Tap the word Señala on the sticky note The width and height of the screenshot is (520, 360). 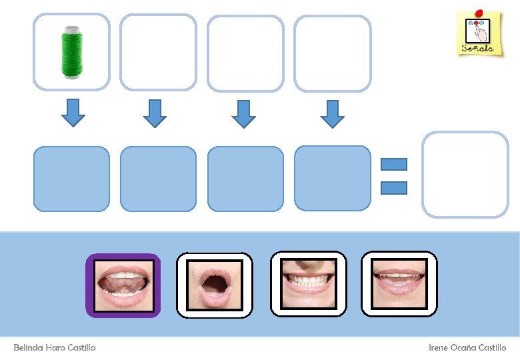click(478, 48)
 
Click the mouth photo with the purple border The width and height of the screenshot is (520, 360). click(123, 285)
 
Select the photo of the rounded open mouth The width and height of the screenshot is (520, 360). click(214, 285)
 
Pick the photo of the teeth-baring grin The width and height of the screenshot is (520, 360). click(308, 283)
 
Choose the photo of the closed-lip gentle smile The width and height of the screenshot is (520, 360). click(399, 283)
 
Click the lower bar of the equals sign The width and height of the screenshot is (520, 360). click(393, 188)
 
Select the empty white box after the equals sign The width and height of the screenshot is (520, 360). click(465, 174)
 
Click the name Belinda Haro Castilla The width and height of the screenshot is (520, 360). click(55, 348)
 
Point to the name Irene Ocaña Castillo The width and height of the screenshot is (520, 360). click(467, 348)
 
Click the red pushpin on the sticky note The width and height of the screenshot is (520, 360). click(479, 12)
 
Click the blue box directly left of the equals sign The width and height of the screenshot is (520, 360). click(332, 179)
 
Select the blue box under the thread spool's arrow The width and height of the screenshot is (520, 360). click(71, 179)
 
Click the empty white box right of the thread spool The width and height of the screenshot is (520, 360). click(158, 52)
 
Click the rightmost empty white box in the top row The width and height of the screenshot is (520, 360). click(332, 53)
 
